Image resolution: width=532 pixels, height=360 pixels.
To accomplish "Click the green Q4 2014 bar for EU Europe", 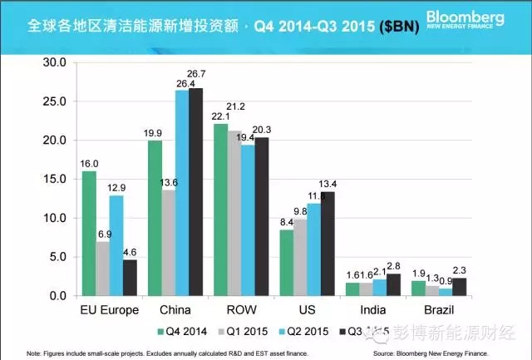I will coord(89,234).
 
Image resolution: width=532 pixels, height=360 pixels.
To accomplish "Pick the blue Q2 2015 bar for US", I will coord(313,249).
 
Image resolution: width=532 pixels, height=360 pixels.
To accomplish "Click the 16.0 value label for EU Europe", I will coord(89,164).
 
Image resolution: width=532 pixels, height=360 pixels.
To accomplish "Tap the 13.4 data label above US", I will coord(331,184).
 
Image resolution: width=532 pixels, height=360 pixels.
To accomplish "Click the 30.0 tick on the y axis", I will coord(55,62).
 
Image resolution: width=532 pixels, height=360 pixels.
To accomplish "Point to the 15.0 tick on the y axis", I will coord(55,179).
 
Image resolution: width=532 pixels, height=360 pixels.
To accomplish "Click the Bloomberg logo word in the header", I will coord(472,17).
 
